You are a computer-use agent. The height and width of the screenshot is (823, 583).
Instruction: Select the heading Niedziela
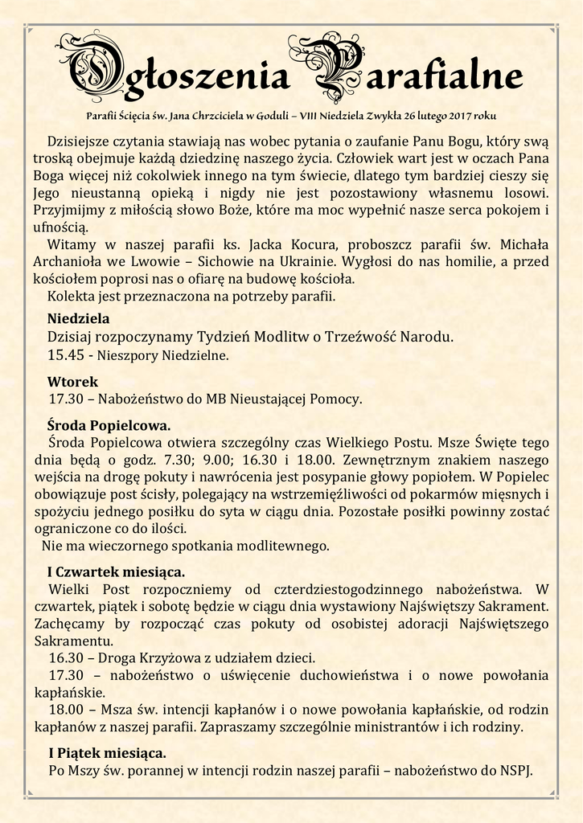(x=79, y=317)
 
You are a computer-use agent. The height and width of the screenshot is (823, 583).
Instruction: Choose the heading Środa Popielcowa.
(x=109, y=424)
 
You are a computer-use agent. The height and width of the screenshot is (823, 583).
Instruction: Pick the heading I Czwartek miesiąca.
(x=116, y=572)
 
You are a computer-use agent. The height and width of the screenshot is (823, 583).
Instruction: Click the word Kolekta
(x=72, y=296)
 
